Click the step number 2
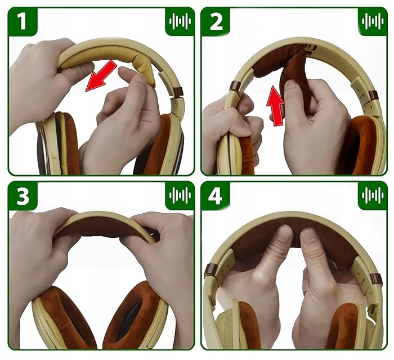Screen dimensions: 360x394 click(215, 21)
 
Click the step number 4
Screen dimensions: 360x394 click(215, 196)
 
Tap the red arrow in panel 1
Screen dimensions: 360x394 click(101, 75)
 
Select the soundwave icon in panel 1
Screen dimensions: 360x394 click(180, 21)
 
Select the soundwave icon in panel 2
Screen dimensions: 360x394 click(373, 21)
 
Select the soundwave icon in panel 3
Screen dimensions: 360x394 click(180, 195)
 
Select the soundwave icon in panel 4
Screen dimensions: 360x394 click(373, 195)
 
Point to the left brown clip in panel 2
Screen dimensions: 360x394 click(235, 87)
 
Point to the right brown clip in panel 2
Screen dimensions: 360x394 click(373, 95)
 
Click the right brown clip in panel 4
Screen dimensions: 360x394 click(376, 278)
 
